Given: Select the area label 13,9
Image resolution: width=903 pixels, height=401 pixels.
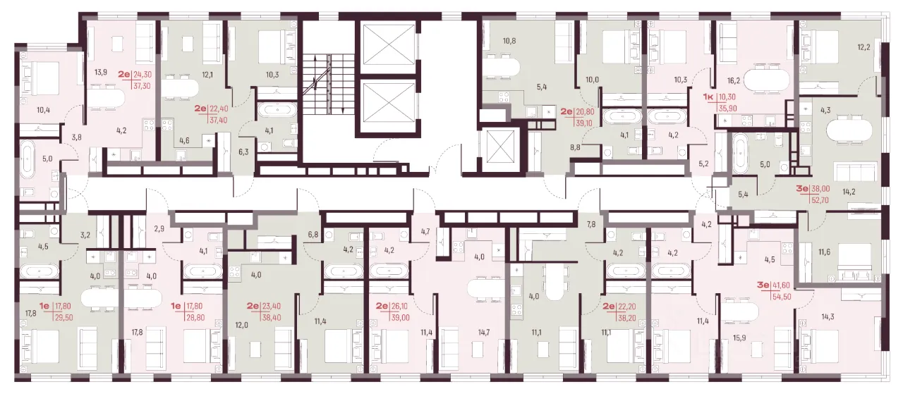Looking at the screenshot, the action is [x=100, y=73].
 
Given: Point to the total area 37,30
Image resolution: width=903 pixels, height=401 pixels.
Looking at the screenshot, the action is [x=142, y=86].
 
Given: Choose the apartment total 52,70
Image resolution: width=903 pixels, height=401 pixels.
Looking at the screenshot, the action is [x=820, y=199].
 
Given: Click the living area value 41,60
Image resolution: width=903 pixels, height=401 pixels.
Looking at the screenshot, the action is [x=781, y=286].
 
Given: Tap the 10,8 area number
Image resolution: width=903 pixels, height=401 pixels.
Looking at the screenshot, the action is [x=509, y=41].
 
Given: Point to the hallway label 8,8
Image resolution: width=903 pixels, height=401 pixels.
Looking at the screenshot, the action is [x=575, y=147].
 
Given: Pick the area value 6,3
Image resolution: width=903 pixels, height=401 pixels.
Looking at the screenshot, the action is [x=243, y=152].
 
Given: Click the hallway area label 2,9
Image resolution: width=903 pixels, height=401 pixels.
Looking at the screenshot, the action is [x=159, y=229].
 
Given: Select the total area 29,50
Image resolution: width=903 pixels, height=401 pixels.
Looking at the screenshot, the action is [x=64, y=318].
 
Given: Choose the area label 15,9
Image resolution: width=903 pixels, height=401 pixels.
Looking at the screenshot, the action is [x=739, y=338].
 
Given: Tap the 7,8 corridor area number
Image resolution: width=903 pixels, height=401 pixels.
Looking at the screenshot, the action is [x=591, y=225].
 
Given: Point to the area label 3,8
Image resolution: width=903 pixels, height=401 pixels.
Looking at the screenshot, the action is [x=77, y=137].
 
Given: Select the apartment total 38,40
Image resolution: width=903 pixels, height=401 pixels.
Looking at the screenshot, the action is [x=272, y=318].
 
